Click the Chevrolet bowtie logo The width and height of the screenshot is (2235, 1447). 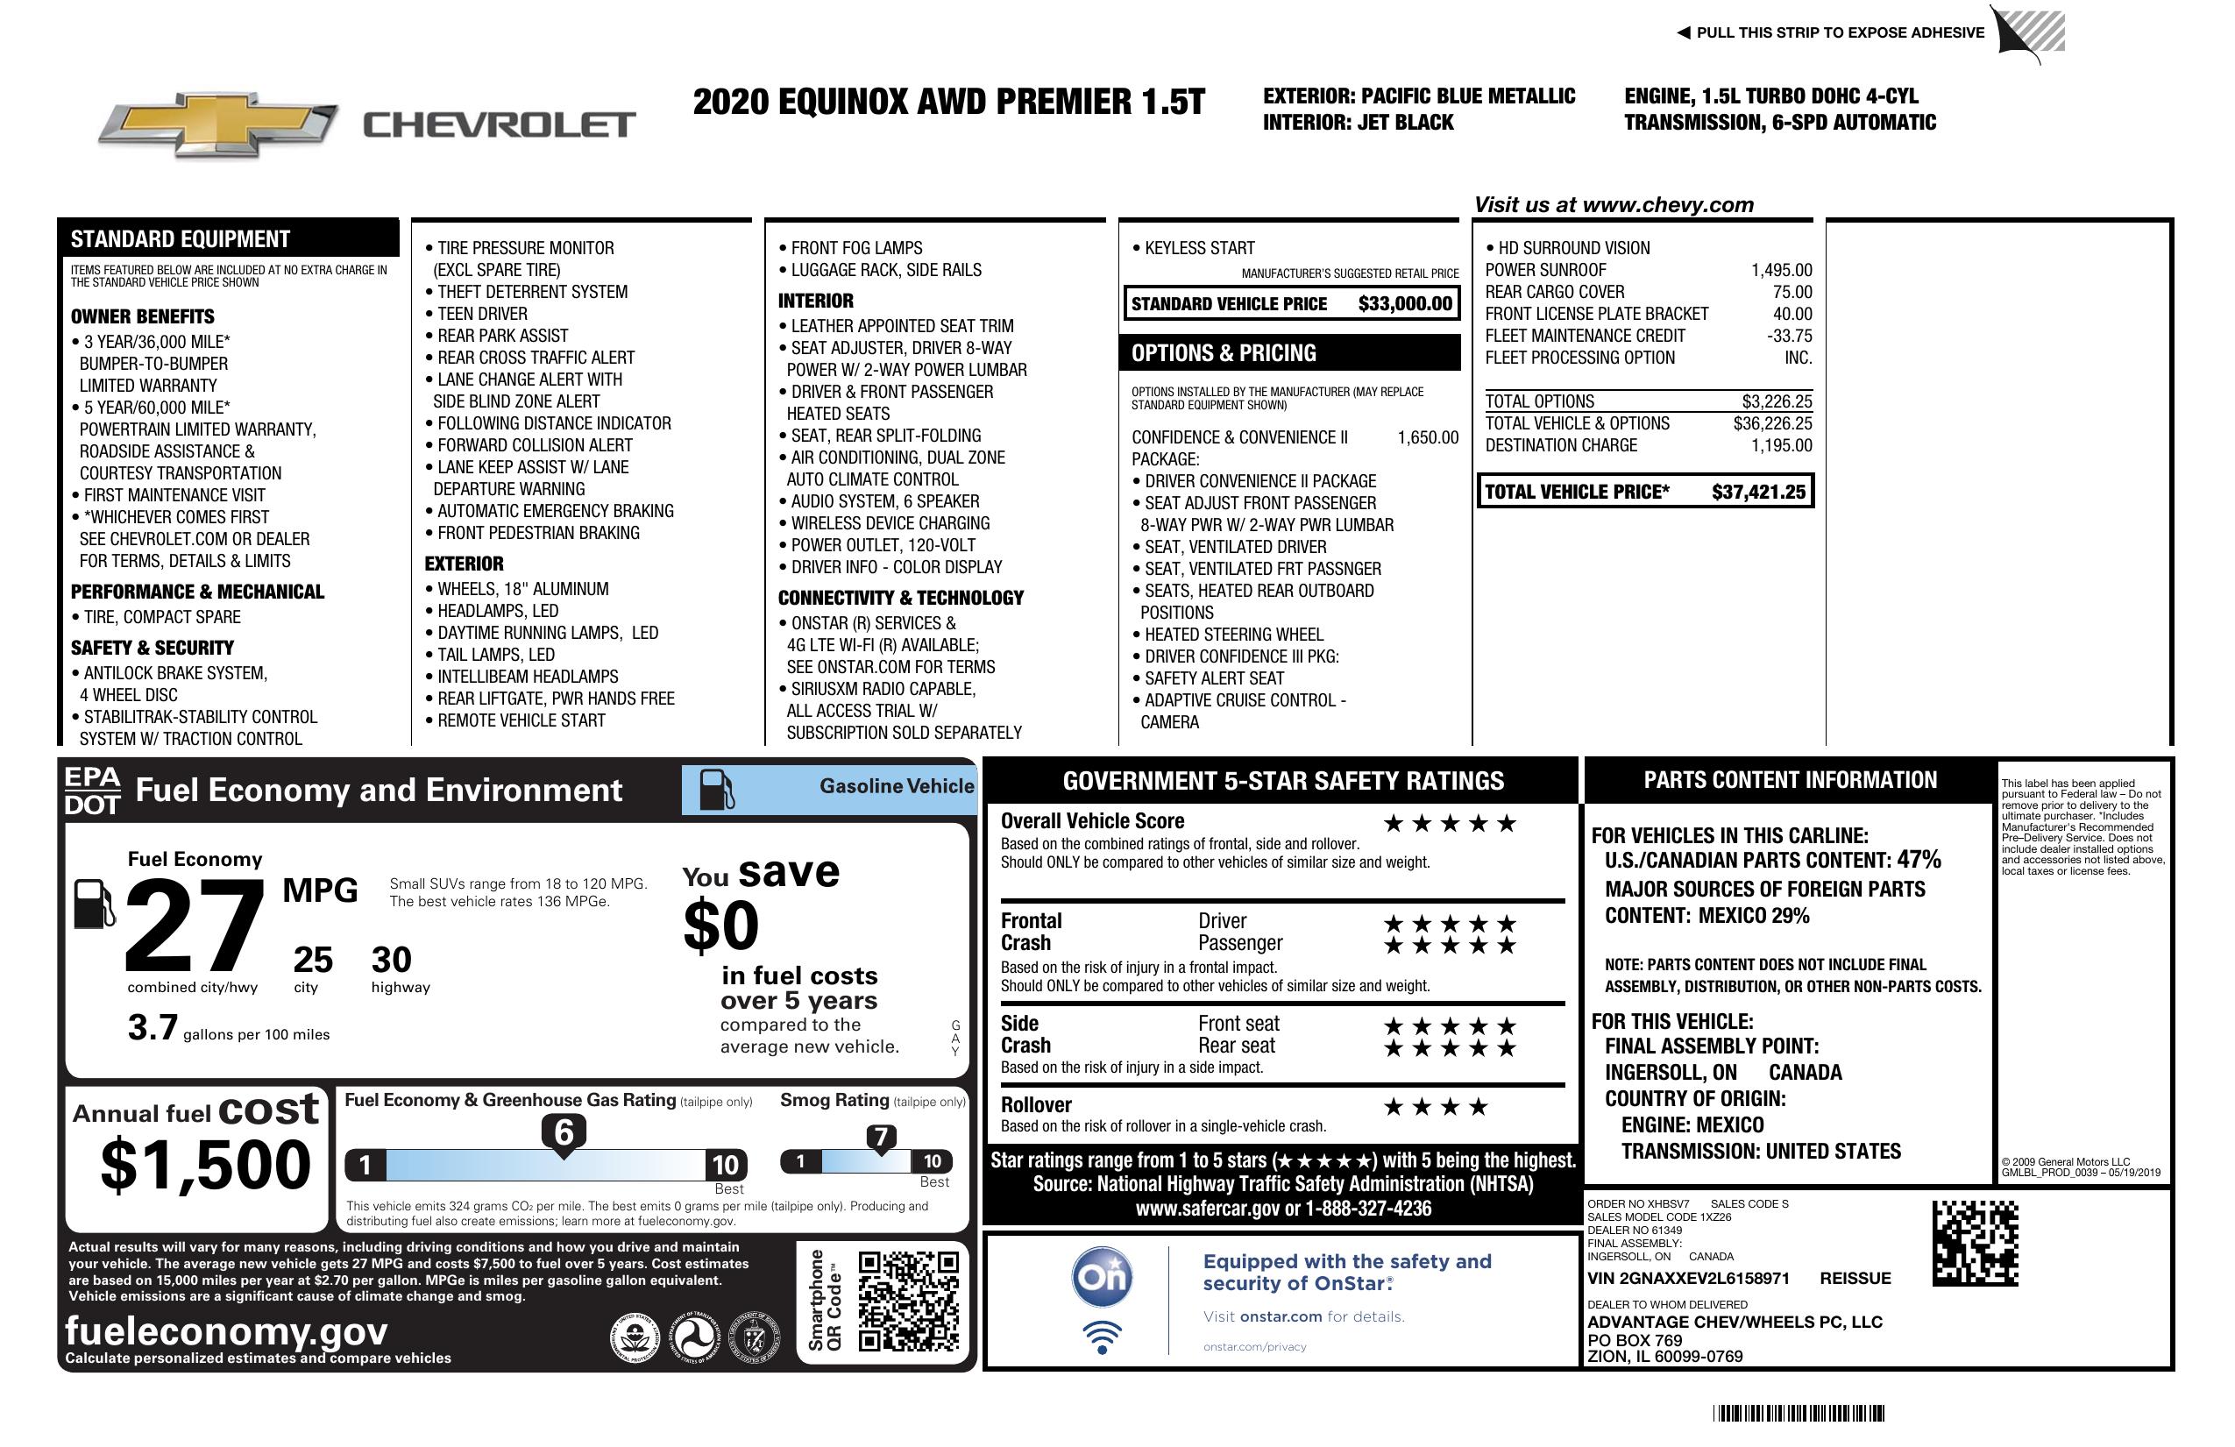(x=218, y=124)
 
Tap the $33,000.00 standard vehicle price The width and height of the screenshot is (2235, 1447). (x=1404, y=303)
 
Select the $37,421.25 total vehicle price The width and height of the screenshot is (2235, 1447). (x=1757, y=492)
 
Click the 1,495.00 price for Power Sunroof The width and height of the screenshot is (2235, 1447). (x=1780, y=271)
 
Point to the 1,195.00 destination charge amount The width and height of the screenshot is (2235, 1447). (x=1780, y=446)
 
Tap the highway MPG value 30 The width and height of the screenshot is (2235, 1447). (x=391, y=960)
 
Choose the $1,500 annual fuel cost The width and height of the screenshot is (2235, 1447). (x=205, y=1165)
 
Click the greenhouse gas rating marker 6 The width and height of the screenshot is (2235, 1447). (x=564, y=1132)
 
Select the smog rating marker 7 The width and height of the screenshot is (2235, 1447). (x=881, y=1137)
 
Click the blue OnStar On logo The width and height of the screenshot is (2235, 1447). (x=1102, y=1277)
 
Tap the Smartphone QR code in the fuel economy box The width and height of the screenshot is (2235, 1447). (x=908, y=1301)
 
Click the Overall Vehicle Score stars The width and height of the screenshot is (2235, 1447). (x=1449, y=824)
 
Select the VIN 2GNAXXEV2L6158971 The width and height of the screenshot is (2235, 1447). (x=1687, y=1278)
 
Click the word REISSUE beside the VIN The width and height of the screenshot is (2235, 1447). (x=1855, y=1278)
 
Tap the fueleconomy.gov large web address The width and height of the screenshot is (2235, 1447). (x=225, y=1330)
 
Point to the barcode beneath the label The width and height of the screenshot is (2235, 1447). (x=1798, y=1413)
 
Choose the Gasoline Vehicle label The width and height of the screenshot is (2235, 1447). (x=896, y=786)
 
